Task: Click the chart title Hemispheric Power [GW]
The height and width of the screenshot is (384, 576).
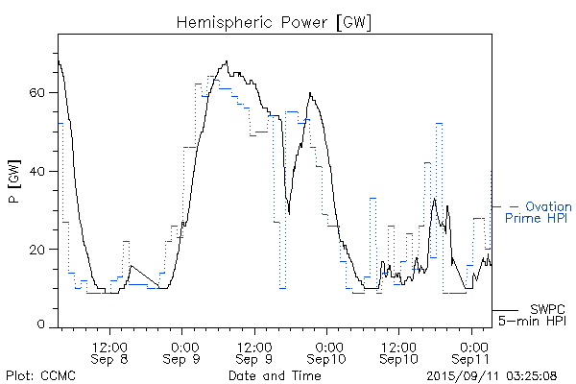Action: point(275,21)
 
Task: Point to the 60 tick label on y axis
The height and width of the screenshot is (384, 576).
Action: point(36,93)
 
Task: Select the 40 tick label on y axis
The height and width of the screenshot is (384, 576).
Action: point(36,171)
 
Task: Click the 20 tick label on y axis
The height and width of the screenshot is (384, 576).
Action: point(36,250)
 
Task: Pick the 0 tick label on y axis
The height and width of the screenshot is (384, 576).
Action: point(41,326)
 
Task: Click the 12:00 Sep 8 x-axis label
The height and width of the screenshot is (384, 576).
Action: point(111,351)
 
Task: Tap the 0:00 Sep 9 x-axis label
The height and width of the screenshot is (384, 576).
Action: point(182,351)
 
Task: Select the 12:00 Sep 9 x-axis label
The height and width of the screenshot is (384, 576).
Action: point(254,351)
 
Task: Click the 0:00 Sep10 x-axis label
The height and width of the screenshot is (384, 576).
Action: point(326,351)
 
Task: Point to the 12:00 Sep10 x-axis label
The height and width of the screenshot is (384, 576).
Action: point(398,351)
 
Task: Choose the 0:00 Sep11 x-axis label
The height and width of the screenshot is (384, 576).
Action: point(470,351)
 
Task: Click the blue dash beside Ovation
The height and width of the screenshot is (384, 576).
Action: point(514,206)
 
